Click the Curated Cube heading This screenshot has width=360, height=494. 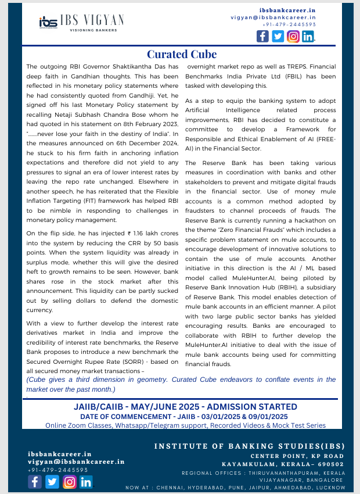182,54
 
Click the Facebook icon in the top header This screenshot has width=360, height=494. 262,36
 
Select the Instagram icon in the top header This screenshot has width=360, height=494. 293,36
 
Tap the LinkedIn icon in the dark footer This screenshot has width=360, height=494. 86,482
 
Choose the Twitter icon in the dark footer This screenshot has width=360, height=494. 52,482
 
